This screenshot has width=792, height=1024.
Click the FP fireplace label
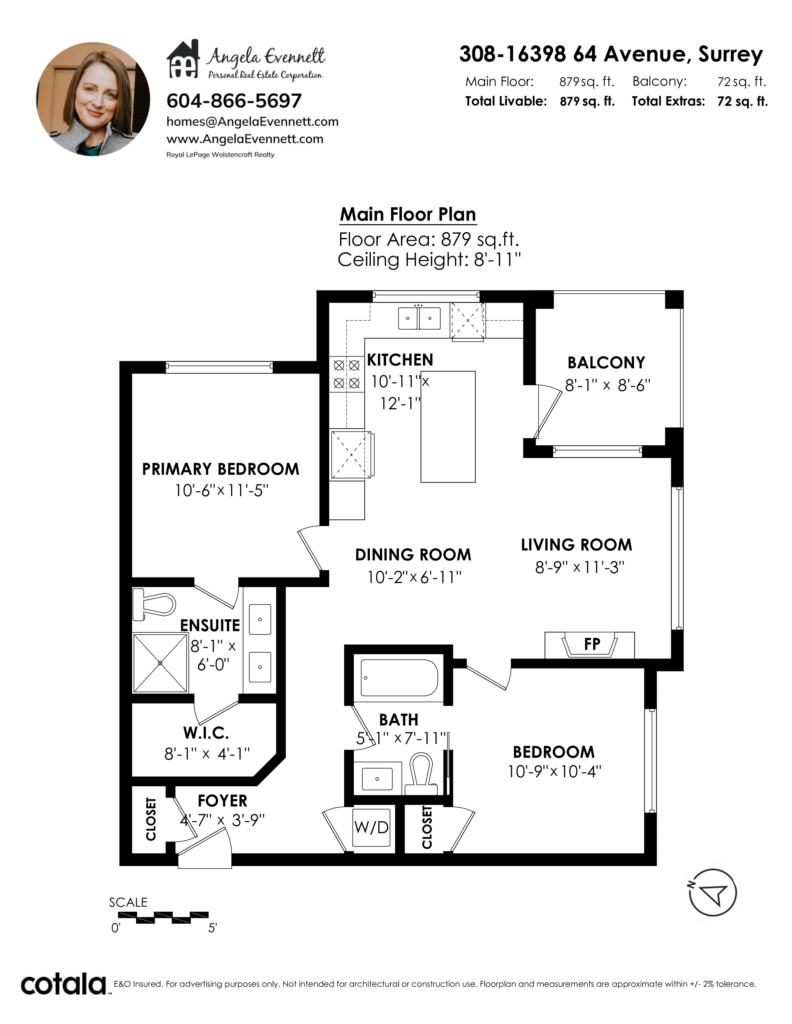pyautogui.click(x=592, y=644)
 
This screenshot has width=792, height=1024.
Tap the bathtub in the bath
pyautogui.click(x=399, y=677)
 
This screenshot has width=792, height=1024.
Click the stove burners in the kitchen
pyautogui.click(x=347, y=374)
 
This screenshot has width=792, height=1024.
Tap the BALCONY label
pyautogui.click(x=606, y=362)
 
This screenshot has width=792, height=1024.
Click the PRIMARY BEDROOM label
pyautogui.click(x=221, y=469)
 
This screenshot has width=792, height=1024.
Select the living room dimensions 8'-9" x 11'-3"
pyautogui.click(x=580, y=567)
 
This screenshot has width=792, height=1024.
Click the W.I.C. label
pyautogui.click(x=206, y=732)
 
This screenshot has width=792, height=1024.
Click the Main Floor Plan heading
pyautogui.click(x=408, y=215)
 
